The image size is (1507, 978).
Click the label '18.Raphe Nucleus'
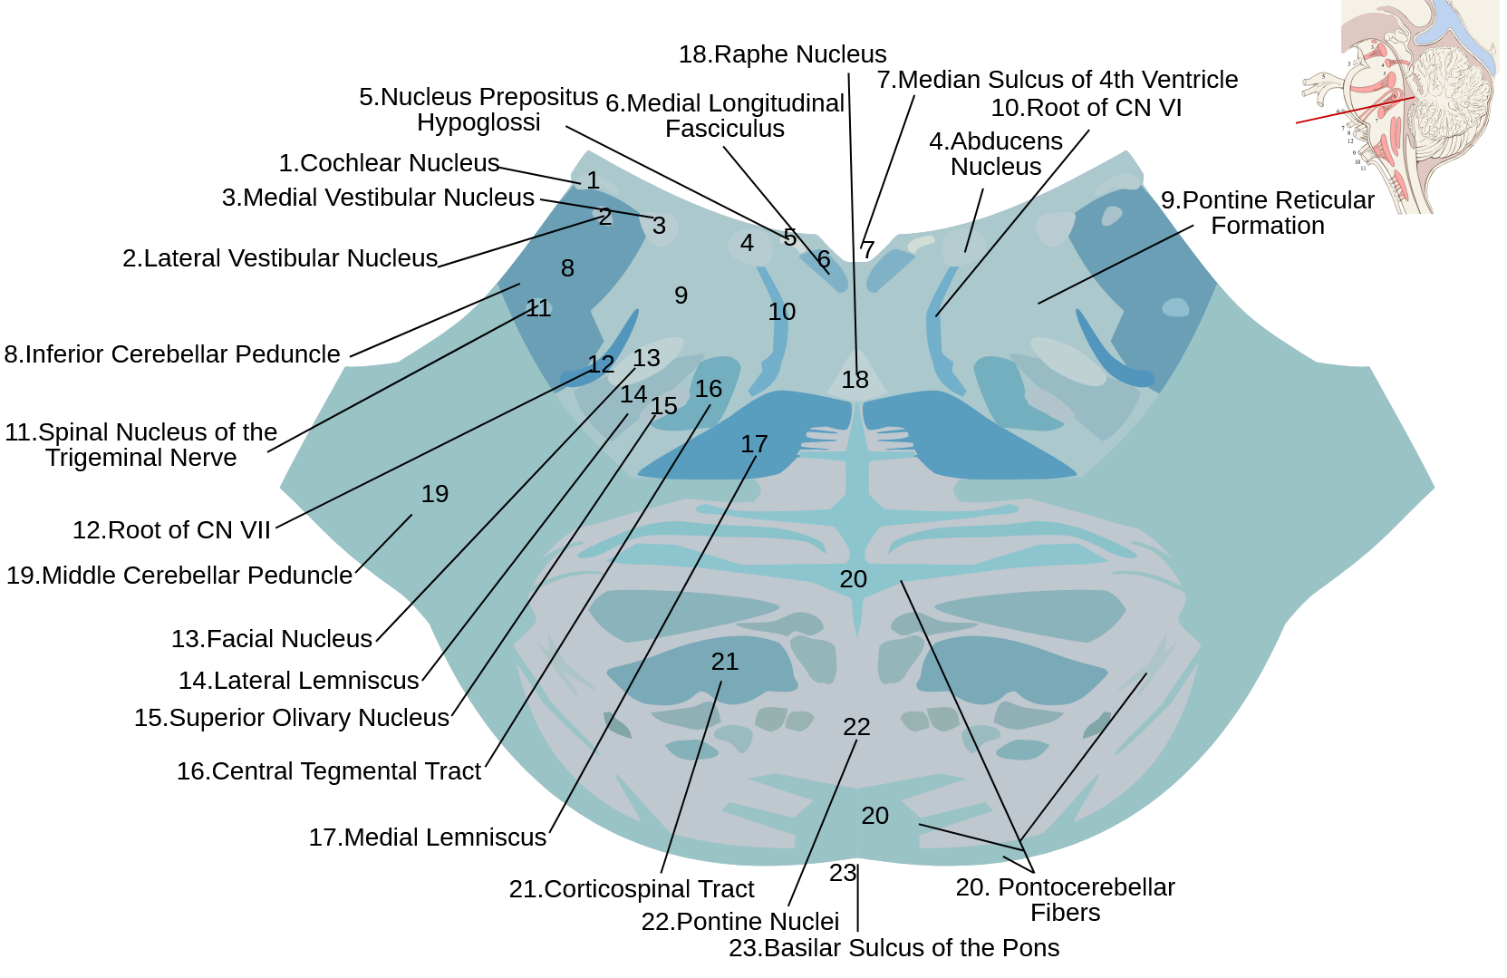pyautogui.click(x=782, y=54)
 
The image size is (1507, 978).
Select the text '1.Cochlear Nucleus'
pyautogui.click(x=389, y=163)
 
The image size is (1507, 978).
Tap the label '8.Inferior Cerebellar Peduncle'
pyautogui.click(x=172, y=354)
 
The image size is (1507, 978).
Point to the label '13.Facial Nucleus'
pyautogui.click(x=272, y=639)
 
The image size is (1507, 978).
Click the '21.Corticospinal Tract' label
pyautogui.click(x=631, y=889)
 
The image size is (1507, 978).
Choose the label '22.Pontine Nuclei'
pyautogui.click(x=739, y=922)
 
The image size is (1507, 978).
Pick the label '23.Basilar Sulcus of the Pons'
pyautogui.click(x=894, y=948)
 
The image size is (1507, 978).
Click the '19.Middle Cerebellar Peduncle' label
pyautogui.click(x=179, y=576)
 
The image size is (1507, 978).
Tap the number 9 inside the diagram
pyautogui.click(x=681, y=295)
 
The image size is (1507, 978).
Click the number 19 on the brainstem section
pyautogui.click(x=435, y=494)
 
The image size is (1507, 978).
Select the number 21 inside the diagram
pyautogui.click(x=725, y=662)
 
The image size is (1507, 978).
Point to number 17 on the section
pyautogui.click(x=754, y=444)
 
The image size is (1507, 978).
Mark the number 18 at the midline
pyautogui.click(x=855, y=380)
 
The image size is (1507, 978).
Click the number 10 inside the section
pyautogui.click(x=782, y=312)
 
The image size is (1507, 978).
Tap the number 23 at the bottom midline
pyautogui.click(x=843, y=873)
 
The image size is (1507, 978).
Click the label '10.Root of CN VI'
pyautogui.click(x=1086, y=108)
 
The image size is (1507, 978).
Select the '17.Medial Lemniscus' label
pyautogui.click(x=427, y=838)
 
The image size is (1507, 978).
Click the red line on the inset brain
pyautogui.click(x=1355, y=110)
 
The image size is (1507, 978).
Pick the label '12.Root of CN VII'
pyautogui.click(x=171, y=530)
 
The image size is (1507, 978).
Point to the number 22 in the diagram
pyautogui.click(x=856, y=727)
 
